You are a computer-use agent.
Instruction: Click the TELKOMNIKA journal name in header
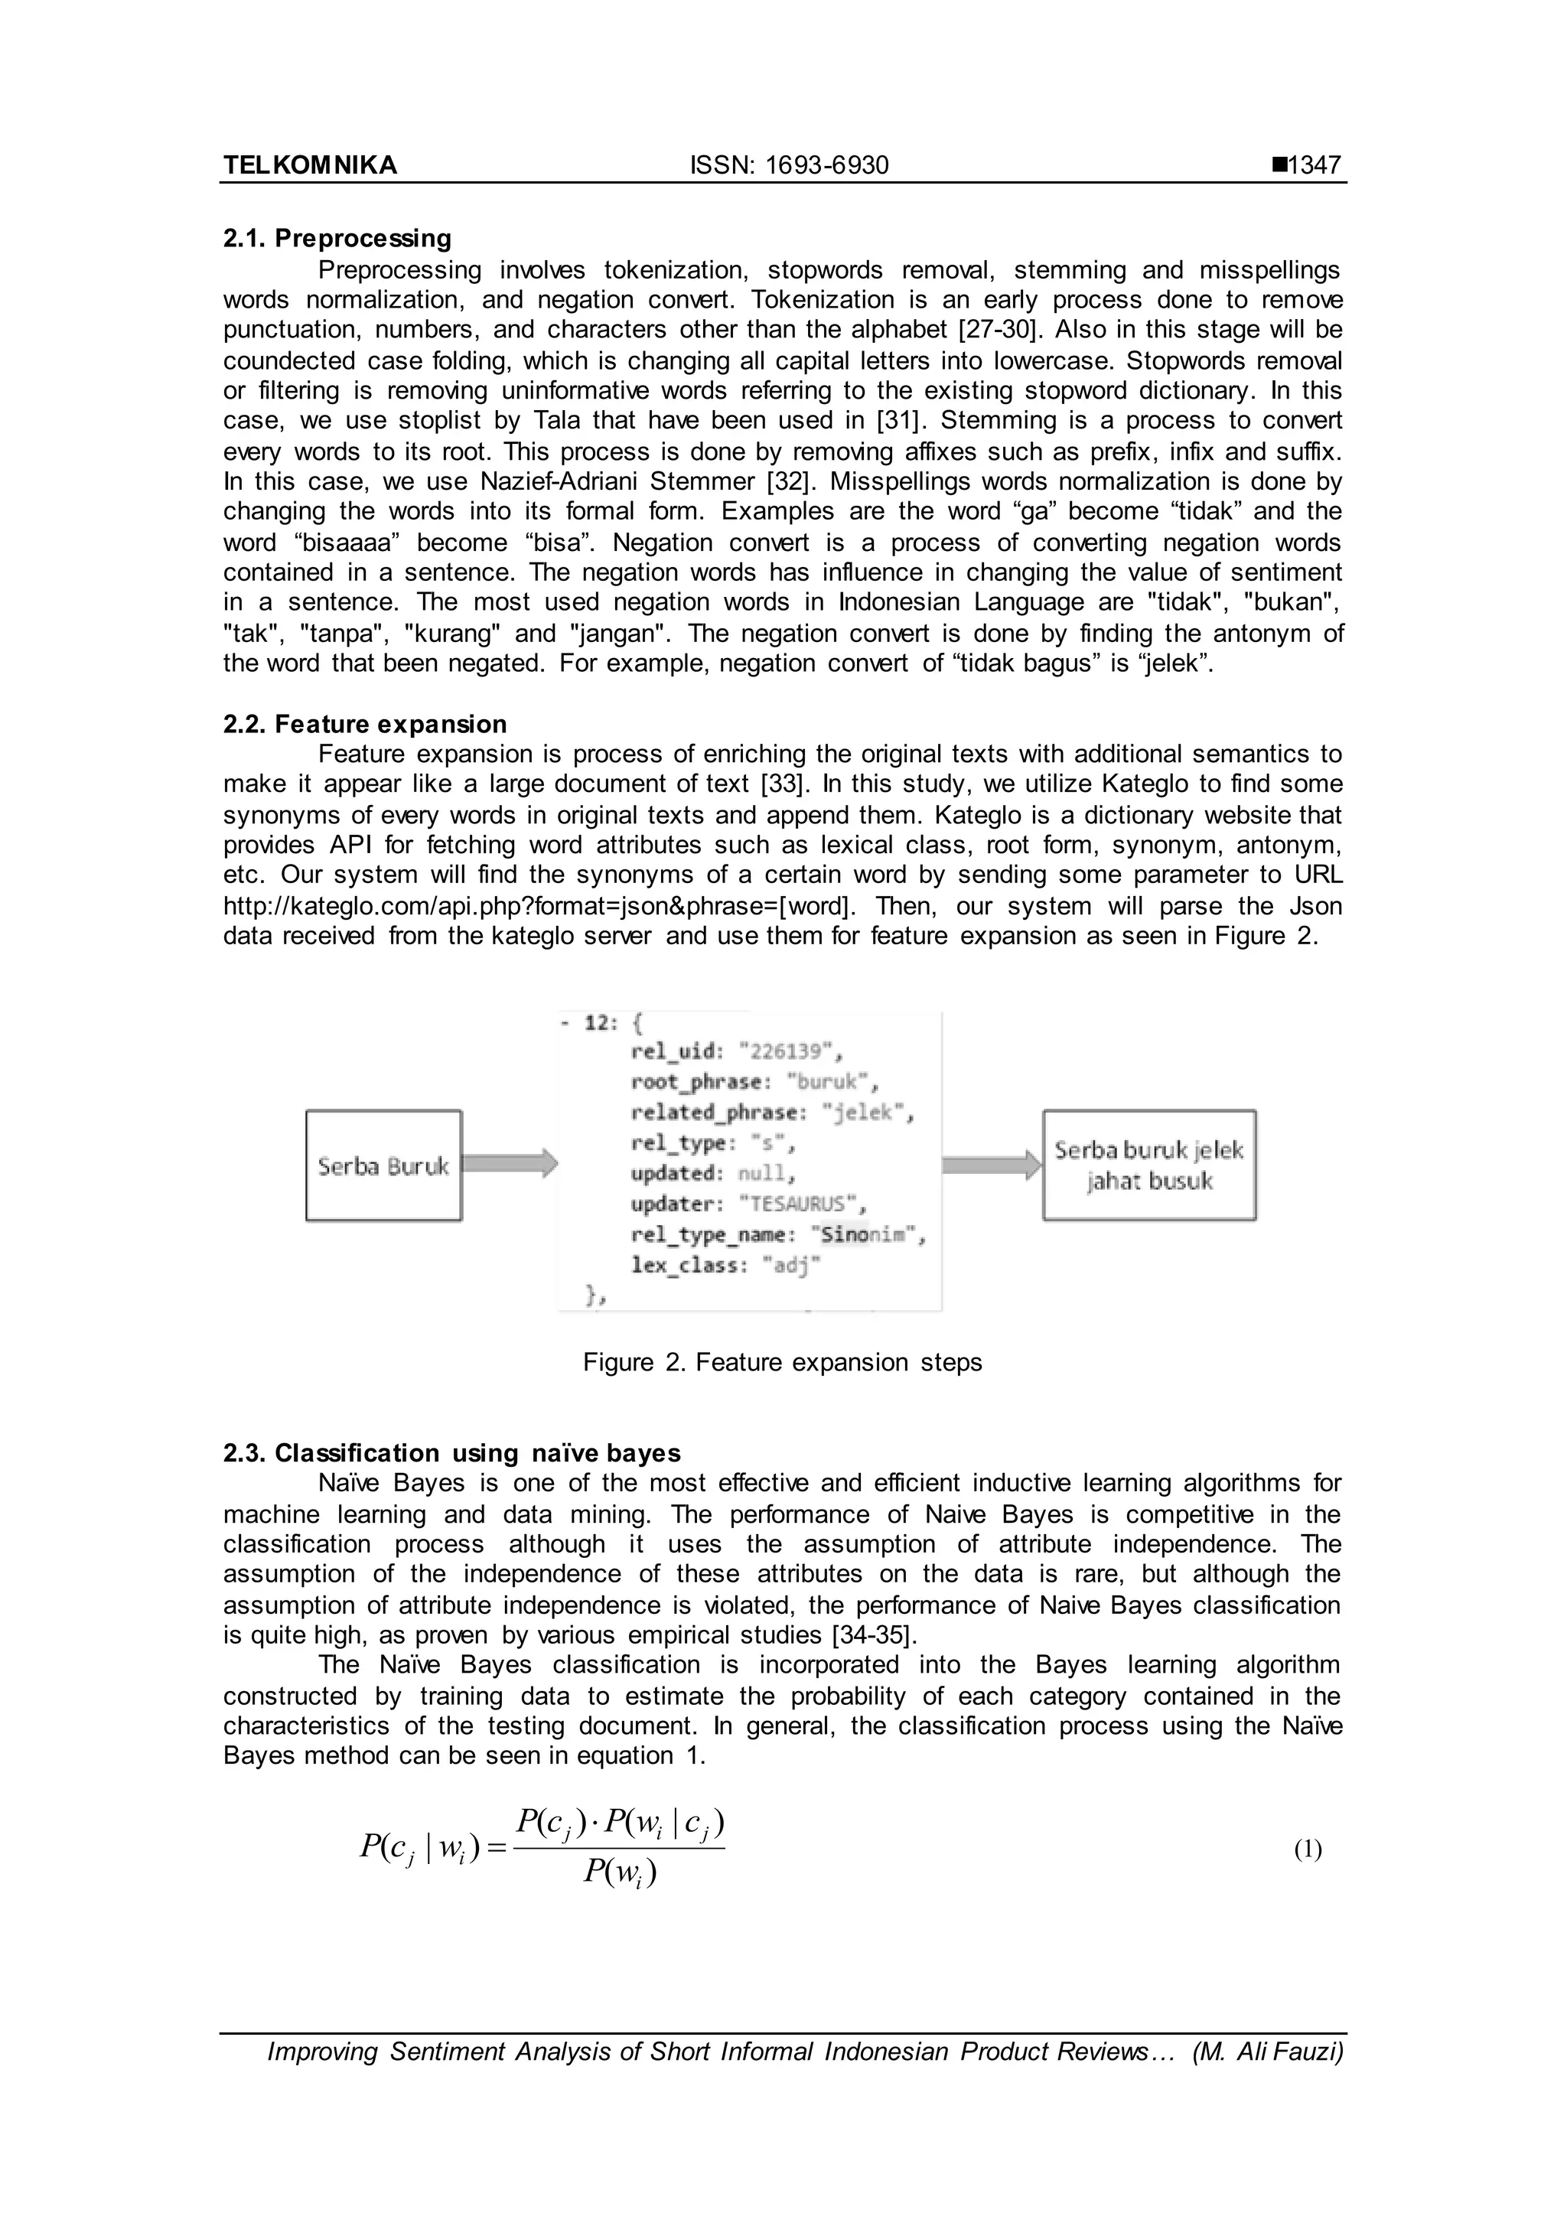[x=310, y=165]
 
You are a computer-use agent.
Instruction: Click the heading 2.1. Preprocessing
[x=337, y=239]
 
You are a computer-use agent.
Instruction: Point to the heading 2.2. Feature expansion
[x=365, y=724]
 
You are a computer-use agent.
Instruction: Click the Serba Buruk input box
[x=383, y=1166]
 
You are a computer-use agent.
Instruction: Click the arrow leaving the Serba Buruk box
[x=510, y=1163]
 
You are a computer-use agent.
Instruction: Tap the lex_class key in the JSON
[x=684, y=1266]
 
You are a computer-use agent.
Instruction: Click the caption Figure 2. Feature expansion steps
[x=781, y=1362]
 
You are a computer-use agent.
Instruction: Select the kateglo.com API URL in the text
[x=539, y=906]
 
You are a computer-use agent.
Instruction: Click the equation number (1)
[x=1308, y=1849]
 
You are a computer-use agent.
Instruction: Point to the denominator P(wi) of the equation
[x=620, y=1873]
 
